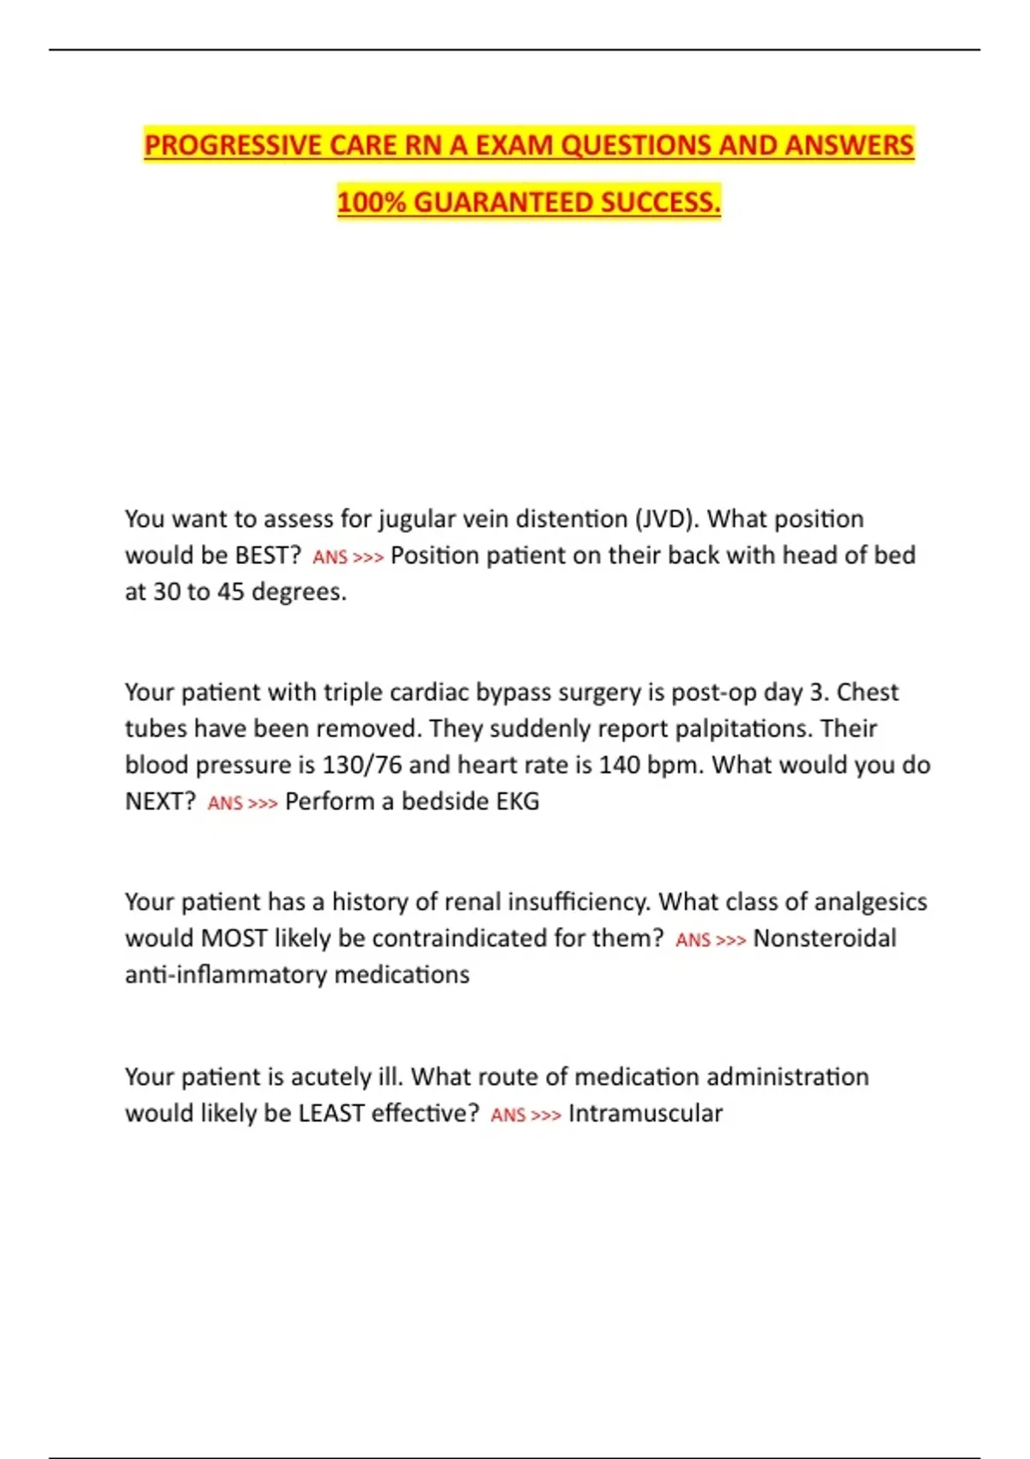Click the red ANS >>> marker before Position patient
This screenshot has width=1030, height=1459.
348,558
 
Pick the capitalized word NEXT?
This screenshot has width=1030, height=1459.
161,802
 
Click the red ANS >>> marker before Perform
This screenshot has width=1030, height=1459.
242,803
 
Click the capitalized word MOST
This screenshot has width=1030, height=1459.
233,938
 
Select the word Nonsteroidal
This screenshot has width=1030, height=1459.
825,938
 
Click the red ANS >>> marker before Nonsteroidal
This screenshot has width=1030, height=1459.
710,941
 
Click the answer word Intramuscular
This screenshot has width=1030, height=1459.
645,1113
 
